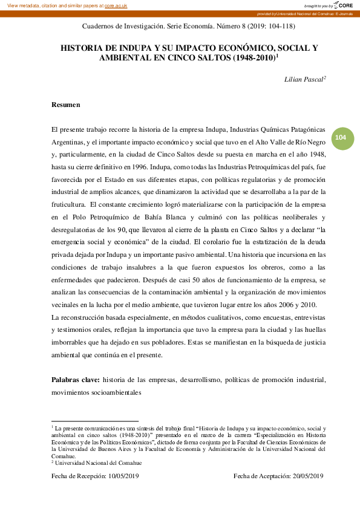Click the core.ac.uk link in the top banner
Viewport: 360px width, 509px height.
point(116,5)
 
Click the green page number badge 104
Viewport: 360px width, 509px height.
point(341,138)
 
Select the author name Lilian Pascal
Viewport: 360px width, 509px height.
point(305,79)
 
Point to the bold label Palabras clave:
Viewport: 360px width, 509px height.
point(76,380)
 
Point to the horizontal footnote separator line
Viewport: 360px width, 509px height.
point(95,421)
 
